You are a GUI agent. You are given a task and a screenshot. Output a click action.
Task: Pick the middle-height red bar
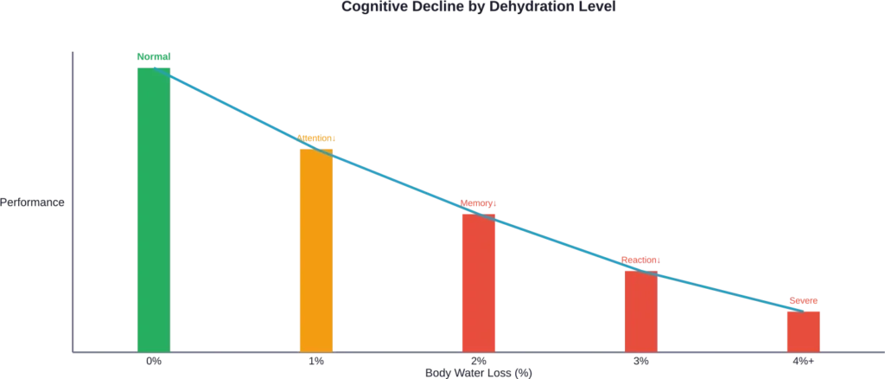(640, 307)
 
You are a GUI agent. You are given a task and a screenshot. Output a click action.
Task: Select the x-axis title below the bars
(477, 372)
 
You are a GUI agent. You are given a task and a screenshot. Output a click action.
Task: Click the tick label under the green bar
(154, 358)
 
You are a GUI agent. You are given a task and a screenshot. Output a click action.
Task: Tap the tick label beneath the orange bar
(316, 358)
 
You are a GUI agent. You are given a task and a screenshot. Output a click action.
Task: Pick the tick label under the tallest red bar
(478, 358)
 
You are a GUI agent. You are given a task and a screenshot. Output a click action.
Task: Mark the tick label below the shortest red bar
(803, 358)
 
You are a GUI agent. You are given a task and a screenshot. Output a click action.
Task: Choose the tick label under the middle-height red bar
(640, 358)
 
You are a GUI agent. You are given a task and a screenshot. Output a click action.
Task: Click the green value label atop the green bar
(154, 57)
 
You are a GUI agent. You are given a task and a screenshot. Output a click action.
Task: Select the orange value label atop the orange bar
(316, 138)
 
